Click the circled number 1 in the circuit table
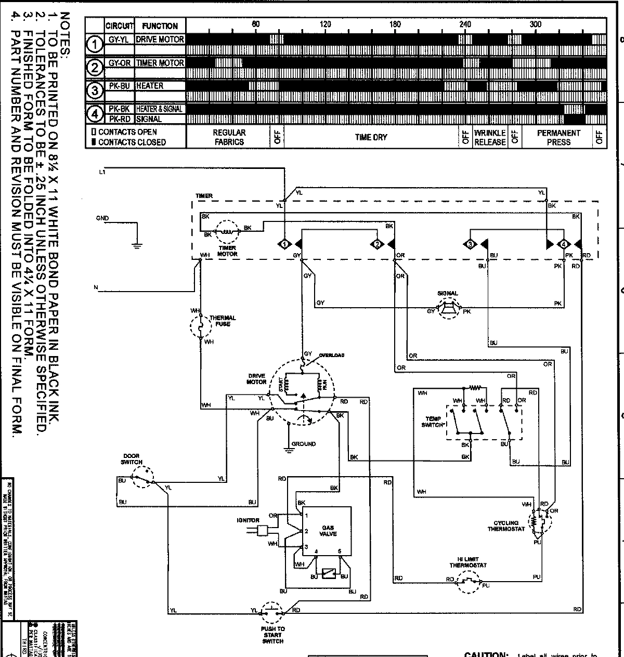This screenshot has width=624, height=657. click(95, 45)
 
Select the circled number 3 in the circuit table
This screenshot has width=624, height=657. click(95, 91)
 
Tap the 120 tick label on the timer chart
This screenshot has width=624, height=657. click(325, 24)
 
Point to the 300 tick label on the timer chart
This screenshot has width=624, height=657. click(535, 24)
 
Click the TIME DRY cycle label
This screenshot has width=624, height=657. click(371, 137)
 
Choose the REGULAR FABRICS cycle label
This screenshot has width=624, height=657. click(229, 137)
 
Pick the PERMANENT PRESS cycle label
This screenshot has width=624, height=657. click(558, 137)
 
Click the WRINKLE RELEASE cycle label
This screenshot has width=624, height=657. click(489, 137)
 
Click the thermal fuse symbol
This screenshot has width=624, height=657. click(200, 326)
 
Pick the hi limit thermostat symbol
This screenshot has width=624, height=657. click(469, 581)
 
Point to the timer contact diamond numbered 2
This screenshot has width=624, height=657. click(378, 244)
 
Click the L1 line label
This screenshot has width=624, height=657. click(102, 172)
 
